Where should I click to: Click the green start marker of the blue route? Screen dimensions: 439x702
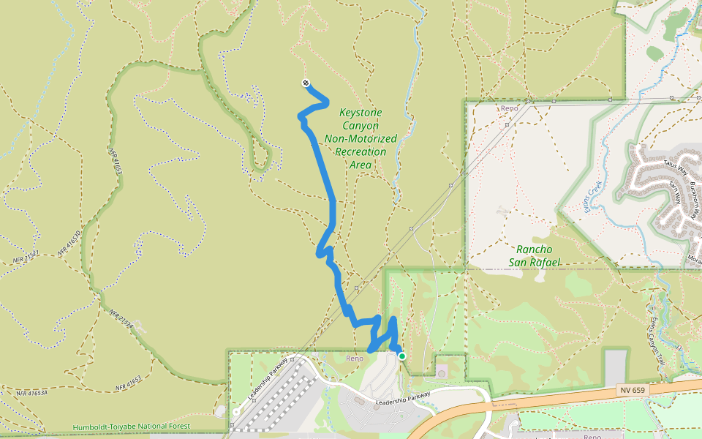pyautogui.click(x=401, y=356)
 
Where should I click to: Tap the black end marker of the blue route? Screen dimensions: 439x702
pyautogui.click(x=305, y=83)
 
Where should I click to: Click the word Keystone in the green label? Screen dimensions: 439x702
pyautogui.click(x=361, y=113)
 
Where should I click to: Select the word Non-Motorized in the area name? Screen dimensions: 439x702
pyautogui.click(x=361, y=138)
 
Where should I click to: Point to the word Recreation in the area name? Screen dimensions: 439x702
pyautogui.click(x=361, y=151)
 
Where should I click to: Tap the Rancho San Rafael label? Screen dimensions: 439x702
pyautogui.click(x=534, y=255)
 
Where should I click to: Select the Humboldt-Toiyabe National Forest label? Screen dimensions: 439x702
pyautogui.click(x=132, y=427)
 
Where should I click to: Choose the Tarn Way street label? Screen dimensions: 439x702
pyautogui.click(x=676, y=194)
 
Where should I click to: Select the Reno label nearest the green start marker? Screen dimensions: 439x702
pyautogui.click(x=355, y=358)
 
